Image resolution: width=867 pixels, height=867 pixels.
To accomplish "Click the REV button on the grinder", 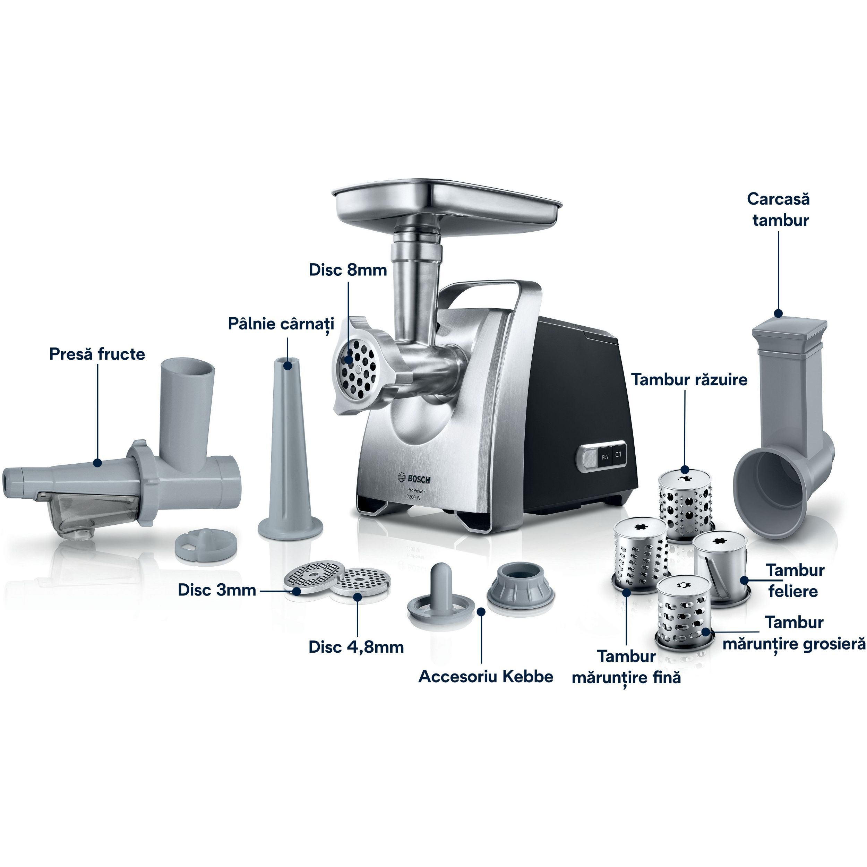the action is click(605, 457).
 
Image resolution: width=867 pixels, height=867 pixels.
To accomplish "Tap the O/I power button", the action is click(619, 455).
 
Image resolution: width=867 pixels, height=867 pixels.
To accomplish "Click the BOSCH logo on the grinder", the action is click(414, 479).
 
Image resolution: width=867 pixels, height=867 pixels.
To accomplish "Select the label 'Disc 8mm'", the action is click(348, 270).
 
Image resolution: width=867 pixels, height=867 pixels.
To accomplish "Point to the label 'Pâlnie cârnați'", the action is click(281, 324).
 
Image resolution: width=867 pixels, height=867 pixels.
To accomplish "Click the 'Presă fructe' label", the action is click(97, 354).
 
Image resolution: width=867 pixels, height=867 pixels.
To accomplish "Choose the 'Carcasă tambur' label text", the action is click(779, 209).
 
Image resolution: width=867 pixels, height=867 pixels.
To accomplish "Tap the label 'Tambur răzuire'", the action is click(690, 380).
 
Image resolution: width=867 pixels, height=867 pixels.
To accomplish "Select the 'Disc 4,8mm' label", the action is click(356, 647).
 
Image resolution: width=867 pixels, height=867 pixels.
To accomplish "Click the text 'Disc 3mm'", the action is click(217, 590).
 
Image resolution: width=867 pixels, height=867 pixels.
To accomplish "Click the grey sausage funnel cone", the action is click(290, 449).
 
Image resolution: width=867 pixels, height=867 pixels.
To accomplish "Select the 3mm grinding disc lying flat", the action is click(314, 576).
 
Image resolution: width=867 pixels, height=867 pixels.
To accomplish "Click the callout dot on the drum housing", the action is click(779, 313).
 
